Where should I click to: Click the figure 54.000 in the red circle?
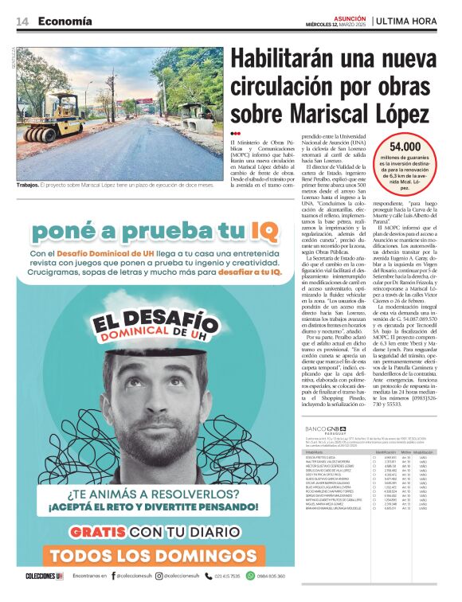pyautogui.click(x=405, y=147)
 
